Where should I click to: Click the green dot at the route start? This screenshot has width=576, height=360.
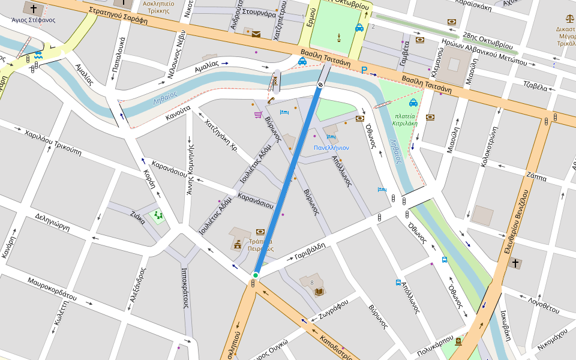tap(256, 275)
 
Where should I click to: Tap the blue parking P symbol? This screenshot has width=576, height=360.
tap(364, 70)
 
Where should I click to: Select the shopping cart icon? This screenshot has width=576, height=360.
tap(258, 114)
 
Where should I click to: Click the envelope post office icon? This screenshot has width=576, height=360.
tap(256, 34)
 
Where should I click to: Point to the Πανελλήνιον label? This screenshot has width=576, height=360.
tap(331, 148)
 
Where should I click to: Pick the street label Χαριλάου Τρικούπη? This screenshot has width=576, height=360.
tap(53, 142)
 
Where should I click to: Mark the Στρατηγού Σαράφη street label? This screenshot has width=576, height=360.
tap(118, 14)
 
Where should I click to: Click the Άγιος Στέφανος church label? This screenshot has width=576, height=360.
tap(33, 20)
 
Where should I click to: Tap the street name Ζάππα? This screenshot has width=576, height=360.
tap(536, 177)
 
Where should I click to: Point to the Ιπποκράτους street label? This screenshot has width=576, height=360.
tap(185, 287)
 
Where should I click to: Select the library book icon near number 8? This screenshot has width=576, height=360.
tap(319, 292)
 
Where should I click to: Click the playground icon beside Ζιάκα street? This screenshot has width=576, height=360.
tap(158, 214)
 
